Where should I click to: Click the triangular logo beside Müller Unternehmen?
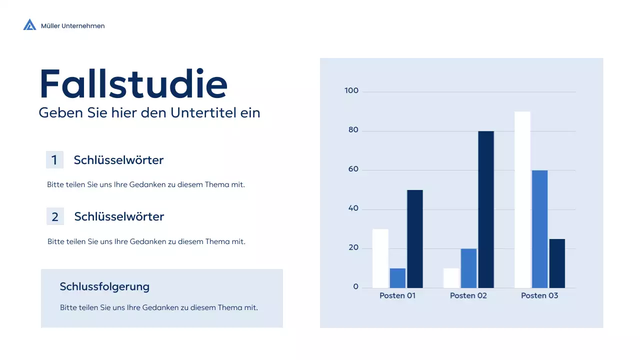pos(29,24)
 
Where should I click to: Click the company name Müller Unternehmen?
pos(73,26)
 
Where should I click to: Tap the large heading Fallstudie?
pos(133,84)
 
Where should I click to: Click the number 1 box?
pos(54,160)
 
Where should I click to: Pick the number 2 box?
pos(55,216)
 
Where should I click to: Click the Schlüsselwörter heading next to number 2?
pos(119,216)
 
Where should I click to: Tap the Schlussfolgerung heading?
pos(104,286)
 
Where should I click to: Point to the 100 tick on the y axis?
pos(351,91)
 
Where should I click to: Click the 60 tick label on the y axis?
pos(353,169)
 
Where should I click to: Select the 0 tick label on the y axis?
pos(356,287)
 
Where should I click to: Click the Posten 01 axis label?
pos(397,295)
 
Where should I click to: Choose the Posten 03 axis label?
pos(539,295)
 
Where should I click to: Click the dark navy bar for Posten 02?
pos(486,209)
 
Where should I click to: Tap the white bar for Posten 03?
pos(522,200)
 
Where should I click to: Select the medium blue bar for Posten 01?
pos(397,278)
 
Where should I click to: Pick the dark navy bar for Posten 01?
pos(415,239)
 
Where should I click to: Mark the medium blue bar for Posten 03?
pos(540,229)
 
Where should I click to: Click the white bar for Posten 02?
pos(451,278)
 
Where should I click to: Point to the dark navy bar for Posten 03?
pos(557,263)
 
